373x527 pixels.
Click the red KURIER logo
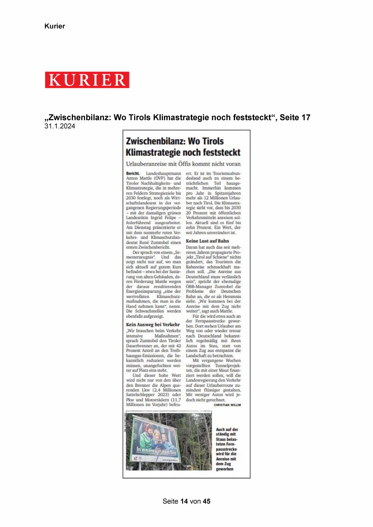tap(87, 80)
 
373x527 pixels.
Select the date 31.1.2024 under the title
tap(60, 126)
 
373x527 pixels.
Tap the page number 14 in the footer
tap(184, 501)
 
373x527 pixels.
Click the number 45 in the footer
tap(206, 501)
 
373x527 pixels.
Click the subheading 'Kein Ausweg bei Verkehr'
tap(153, 324)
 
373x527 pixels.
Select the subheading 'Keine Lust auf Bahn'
tap(207, 241)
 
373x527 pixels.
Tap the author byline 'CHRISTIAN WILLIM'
tap(227, 405)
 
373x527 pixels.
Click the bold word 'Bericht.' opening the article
tap(133, 173)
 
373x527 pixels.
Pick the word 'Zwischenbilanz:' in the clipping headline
tap(155, 142)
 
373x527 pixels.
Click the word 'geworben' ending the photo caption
tap(225, 469)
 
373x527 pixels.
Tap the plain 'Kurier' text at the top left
tap(54, 26)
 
